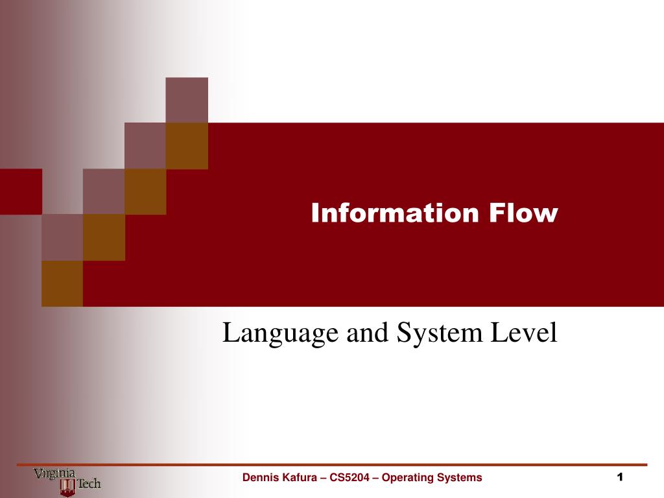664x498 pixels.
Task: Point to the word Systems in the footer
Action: point(460,479)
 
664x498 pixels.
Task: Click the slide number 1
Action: point(620,477)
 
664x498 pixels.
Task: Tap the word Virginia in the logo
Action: point(55,474)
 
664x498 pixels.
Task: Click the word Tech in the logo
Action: point(89,484)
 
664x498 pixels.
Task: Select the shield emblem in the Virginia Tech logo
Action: point(67,487)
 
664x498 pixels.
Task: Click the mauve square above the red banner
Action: point(187,100)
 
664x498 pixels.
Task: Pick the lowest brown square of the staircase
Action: point(62,283)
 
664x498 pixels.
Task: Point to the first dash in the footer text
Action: point(323,478)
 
